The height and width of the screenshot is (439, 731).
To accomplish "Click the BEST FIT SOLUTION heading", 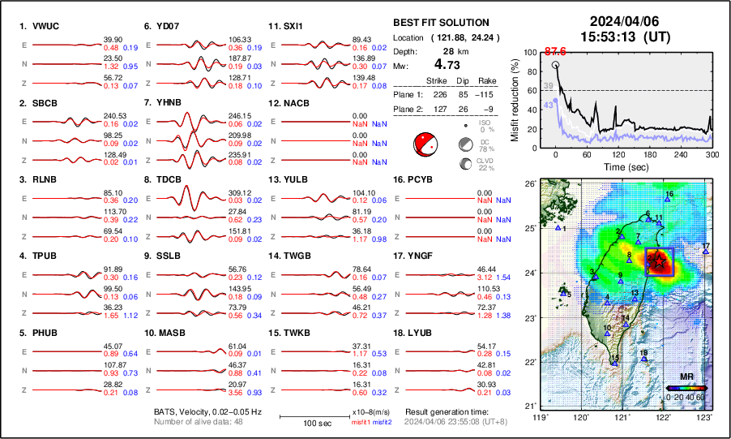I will point(440,23).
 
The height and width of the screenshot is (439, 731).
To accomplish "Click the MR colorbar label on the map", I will point(686,377).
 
